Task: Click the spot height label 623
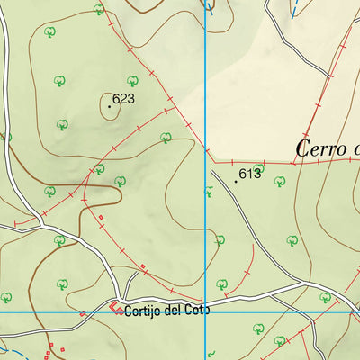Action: click(x=123, y=99)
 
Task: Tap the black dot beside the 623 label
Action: click(x=110, y=106)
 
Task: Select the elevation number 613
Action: click(x=249, y=174)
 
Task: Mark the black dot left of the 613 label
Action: click(x=236, y=181)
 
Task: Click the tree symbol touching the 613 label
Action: click(x=259, y=167)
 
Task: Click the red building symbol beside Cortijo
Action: click(x=117, y=310)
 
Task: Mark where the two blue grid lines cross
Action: click(x=206, y=312)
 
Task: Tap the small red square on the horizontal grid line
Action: click(x=82, y=313)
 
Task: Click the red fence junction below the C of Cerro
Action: click(x=296, y=163)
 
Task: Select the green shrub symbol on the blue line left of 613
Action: click(x=208, y=190)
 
